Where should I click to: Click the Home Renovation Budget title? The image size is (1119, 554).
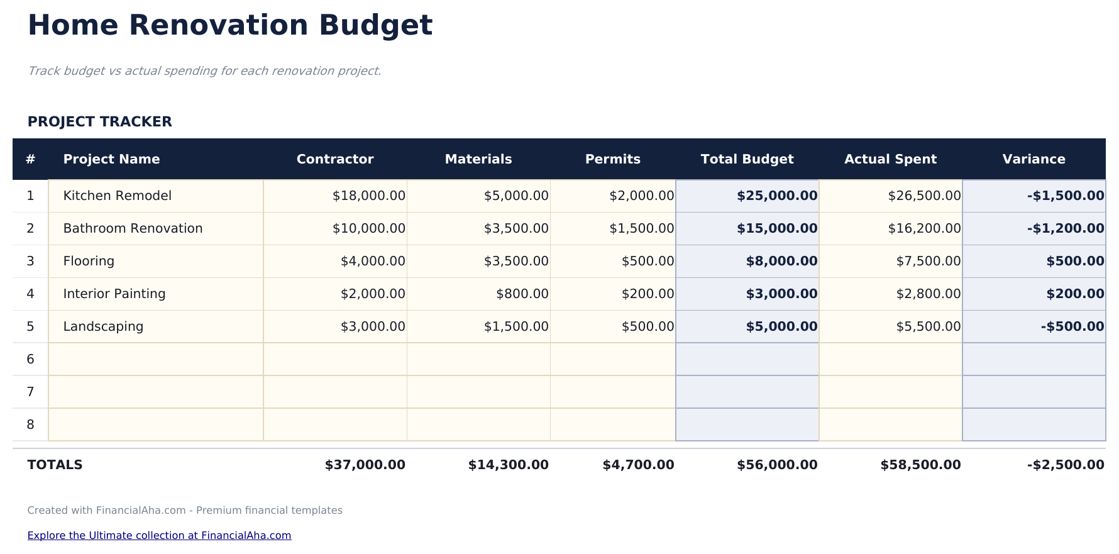pos(230,26)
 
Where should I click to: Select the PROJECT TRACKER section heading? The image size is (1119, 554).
pos(99,121)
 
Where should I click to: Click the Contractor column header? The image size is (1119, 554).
pos(334,159)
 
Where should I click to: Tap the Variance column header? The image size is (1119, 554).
pos(1034,159)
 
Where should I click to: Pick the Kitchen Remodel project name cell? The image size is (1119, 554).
pos(118,196)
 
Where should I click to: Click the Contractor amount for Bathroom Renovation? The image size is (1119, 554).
pos(368,228)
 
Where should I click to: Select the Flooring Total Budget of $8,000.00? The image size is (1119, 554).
pos(781,261)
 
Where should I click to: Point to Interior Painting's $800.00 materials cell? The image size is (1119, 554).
pos(522,294)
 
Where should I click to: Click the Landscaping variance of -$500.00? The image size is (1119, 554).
pos(1072,326)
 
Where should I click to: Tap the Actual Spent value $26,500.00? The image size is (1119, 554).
pos(923,196)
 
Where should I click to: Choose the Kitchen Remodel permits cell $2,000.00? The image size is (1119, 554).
pos(641,196)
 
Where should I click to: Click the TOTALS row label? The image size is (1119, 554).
pos(55,465)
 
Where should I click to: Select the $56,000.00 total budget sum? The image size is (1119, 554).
pos(777,465)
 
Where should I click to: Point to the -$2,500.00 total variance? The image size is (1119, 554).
pos(1066,465)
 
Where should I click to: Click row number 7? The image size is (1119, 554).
pos(30,392)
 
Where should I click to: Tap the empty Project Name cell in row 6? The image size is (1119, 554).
pos(155,359)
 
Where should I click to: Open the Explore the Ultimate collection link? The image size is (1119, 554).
pos(159,535)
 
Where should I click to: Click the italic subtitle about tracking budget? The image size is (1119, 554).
pos(204,70)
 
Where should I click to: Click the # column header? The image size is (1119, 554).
pos(30,159)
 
